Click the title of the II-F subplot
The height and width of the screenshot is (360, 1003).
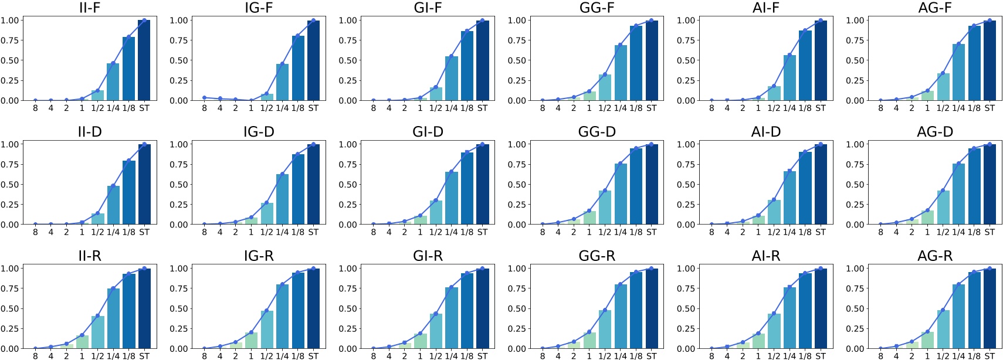[x=89, y=8]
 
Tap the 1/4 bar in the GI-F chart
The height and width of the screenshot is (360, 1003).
[x=451, y=78]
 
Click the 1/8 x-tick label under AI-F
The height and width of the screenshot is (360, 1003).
[x=805, y=108]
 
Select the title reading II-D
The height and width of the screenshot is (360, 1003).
[x=89, y=132]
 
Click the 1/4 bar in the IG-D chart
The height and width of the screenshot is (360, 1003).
[x=282, y=199]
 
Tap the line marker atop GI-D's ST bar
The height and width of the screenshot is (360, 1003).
[x=482, y=144]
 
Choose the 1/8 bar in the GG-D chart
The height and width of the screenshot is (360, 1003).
[x=636, y=186]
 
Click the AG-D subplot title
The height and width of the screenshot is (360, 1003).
[x=934, y=132]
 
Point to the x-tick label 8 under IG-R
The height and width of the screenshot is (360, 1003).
[x=204, y=356]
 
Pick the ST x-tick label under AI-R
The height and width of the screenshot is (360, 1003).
[x=820, y=356]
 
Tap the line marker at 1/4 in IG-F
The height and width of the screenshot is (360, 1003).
[x=282, y=64]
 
